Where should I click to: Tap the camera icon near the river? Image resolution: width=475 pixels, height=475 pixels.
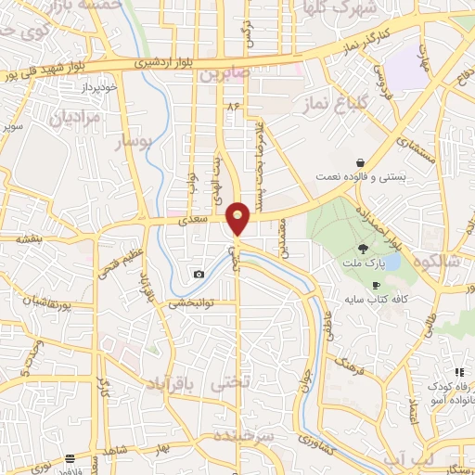coord(199,274)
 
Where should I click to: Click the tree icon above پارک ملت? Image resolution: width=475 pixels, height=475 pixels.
coord(364,248)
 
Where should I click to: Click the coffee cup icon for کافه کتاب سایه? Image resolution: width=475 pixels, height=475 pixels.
coord(376,284)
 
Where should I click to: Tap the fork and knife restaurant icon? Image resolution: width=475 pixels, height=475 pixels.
coord(459,372)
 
